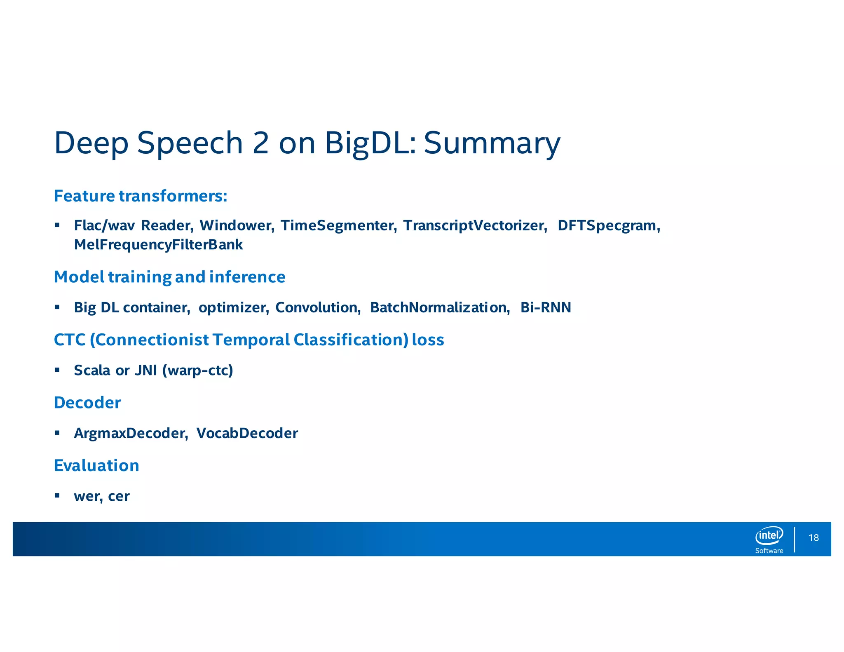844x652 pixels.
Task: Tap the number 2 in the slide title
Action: click(260, 143)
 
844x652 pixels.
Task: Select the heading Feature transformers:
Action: click(141, 196)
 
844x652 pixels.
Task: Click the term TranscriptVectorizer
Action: click(475, 225)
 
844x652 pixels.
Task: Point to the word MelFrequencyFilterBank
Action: click(158, 245)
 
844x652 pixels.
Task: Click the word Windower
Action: click(237, 225)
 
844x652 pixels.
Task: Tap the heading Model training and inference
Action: click(169, 277)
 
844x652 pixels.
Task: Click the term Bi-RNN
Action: click(546, 307)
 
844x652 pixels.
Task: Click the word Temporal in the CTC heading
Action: click(251, 340)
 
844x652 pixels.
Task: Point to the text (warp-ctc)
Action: click(198, 371)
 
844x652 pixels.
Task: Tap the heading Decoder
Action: click(87, 403)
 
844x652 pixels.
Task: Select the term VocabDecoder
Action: click(247, 433)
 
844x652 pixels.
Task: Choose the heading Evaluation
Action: click(96, 466)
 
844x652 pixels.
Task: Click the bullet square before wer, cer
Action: click(57, 495)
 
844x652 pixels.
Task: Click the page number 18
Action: click(814, 538)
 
